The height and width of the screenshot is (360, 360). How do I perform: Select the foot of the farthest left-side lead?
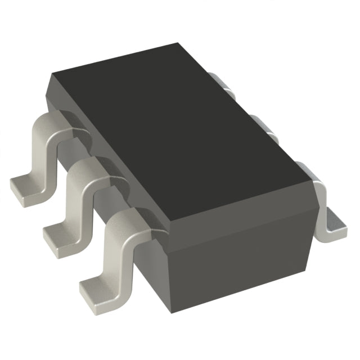(25, 186)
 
